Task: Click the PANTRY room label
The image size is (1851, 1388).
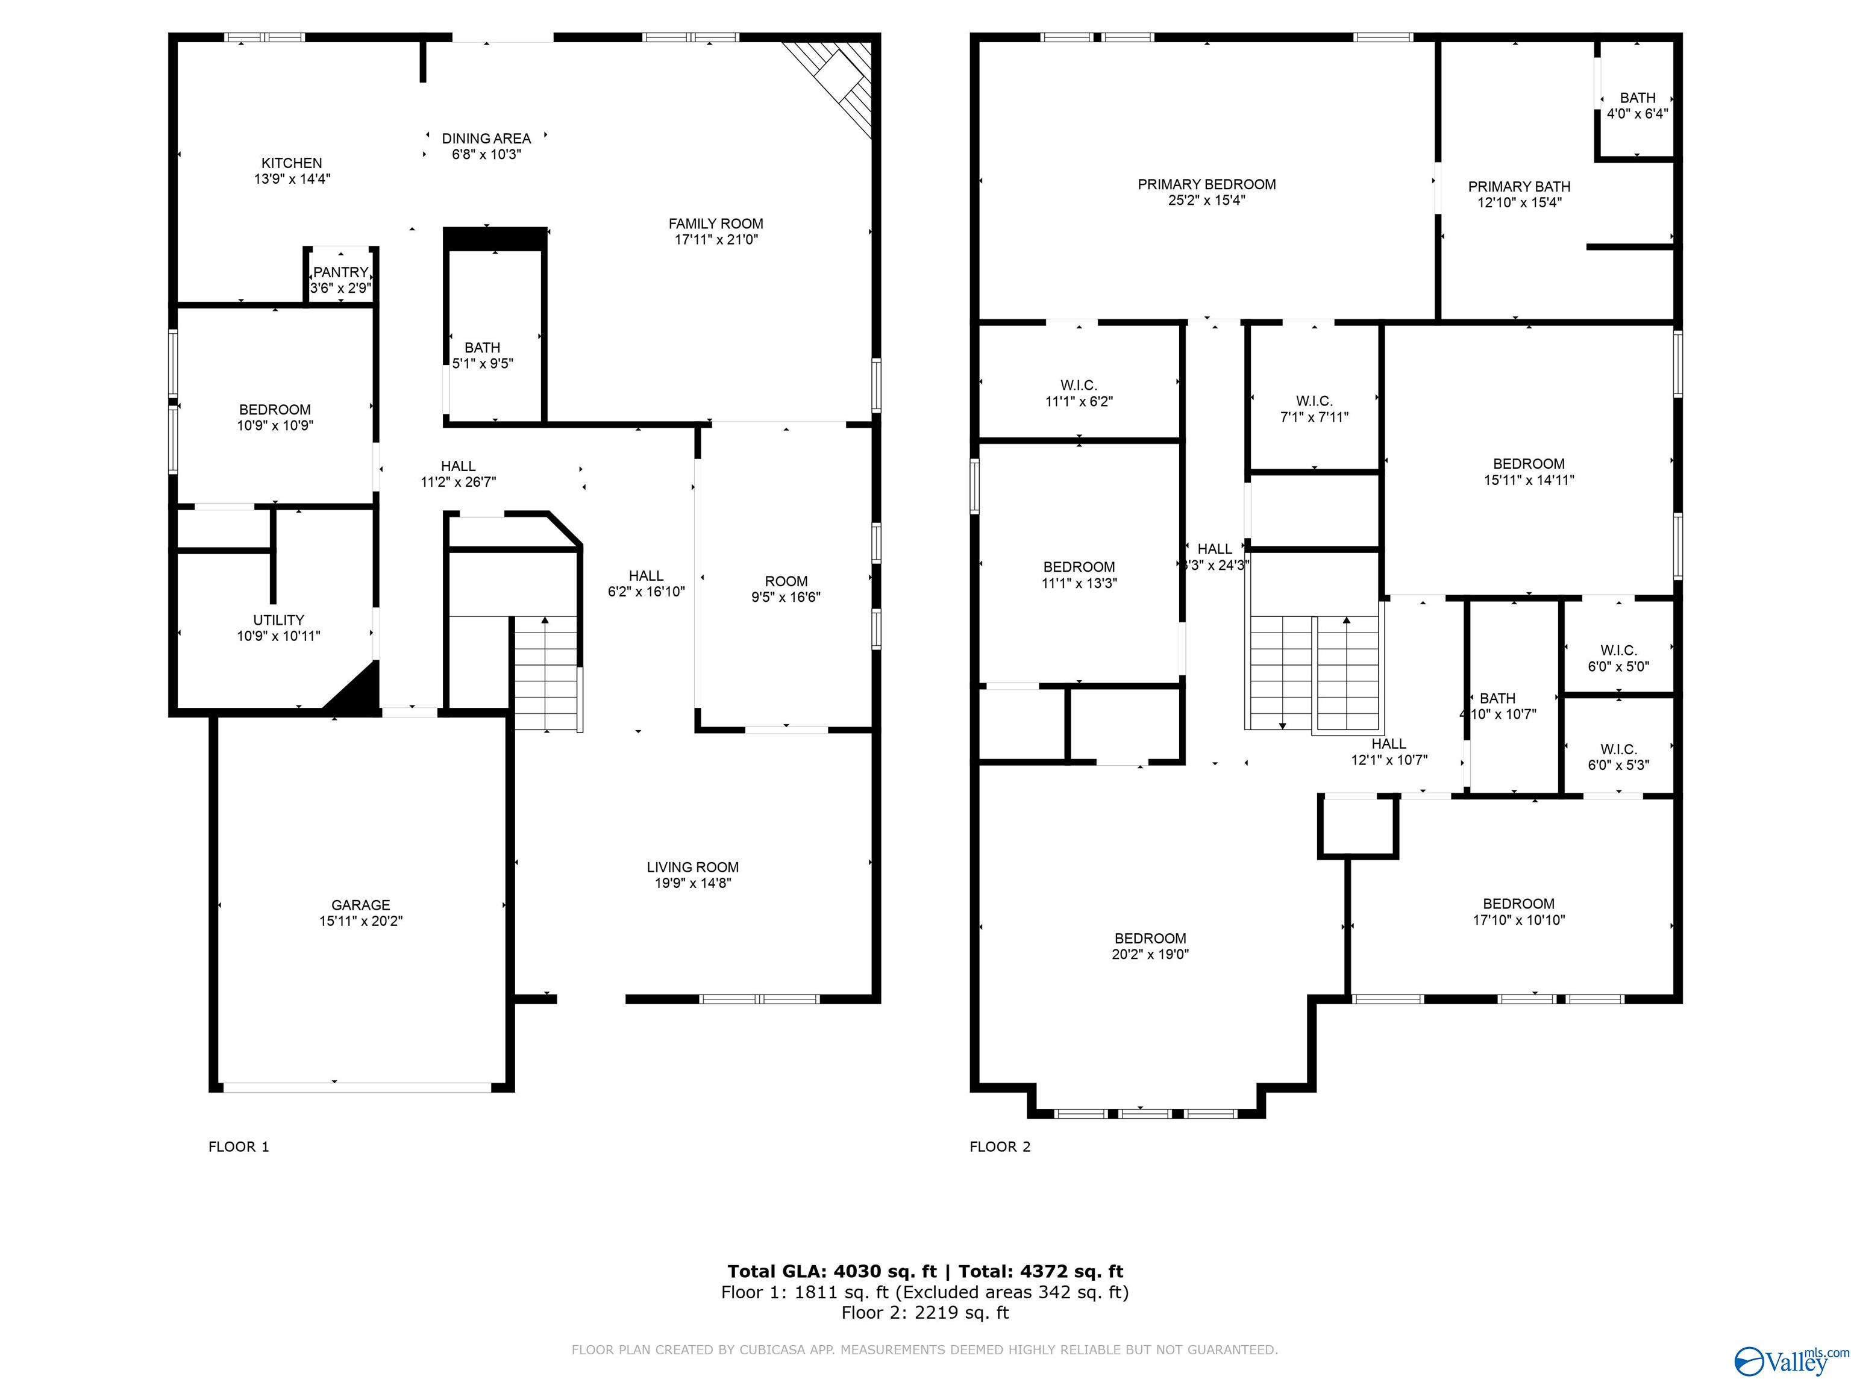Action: point(340,272)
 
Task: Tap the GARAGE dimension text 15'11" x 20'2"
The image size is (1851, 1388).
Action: point(361,921)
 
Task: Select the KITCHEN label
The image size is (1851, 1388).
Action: point(291,163)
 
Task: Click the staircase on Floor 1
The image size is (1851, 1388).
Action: point(545,674)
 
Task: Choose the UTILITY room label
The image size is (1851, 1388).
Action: point(278,620)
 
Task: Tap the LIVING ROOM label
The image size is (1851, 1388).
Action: point(692,867)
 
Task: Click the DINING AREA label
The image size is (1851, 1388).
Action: point(486,138)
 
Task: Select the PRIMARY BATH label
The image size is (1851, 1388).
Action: point(1519,187)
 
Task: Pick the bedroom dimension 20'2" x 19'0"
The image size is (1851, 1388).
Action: point(1150,954)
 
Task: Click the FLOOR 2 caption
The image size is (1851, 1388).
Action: point(1000,1146)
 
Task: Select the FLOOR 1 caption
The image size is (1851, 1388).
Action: point(239,1146)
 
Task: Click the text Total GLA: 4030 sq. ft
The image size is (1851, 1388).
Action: point(832,1272)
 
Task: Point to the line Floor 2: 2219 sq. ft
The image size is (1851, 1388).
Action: point(925,1313)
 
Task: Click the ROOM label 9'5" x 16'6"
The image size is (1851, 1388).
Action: point(786,581)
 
